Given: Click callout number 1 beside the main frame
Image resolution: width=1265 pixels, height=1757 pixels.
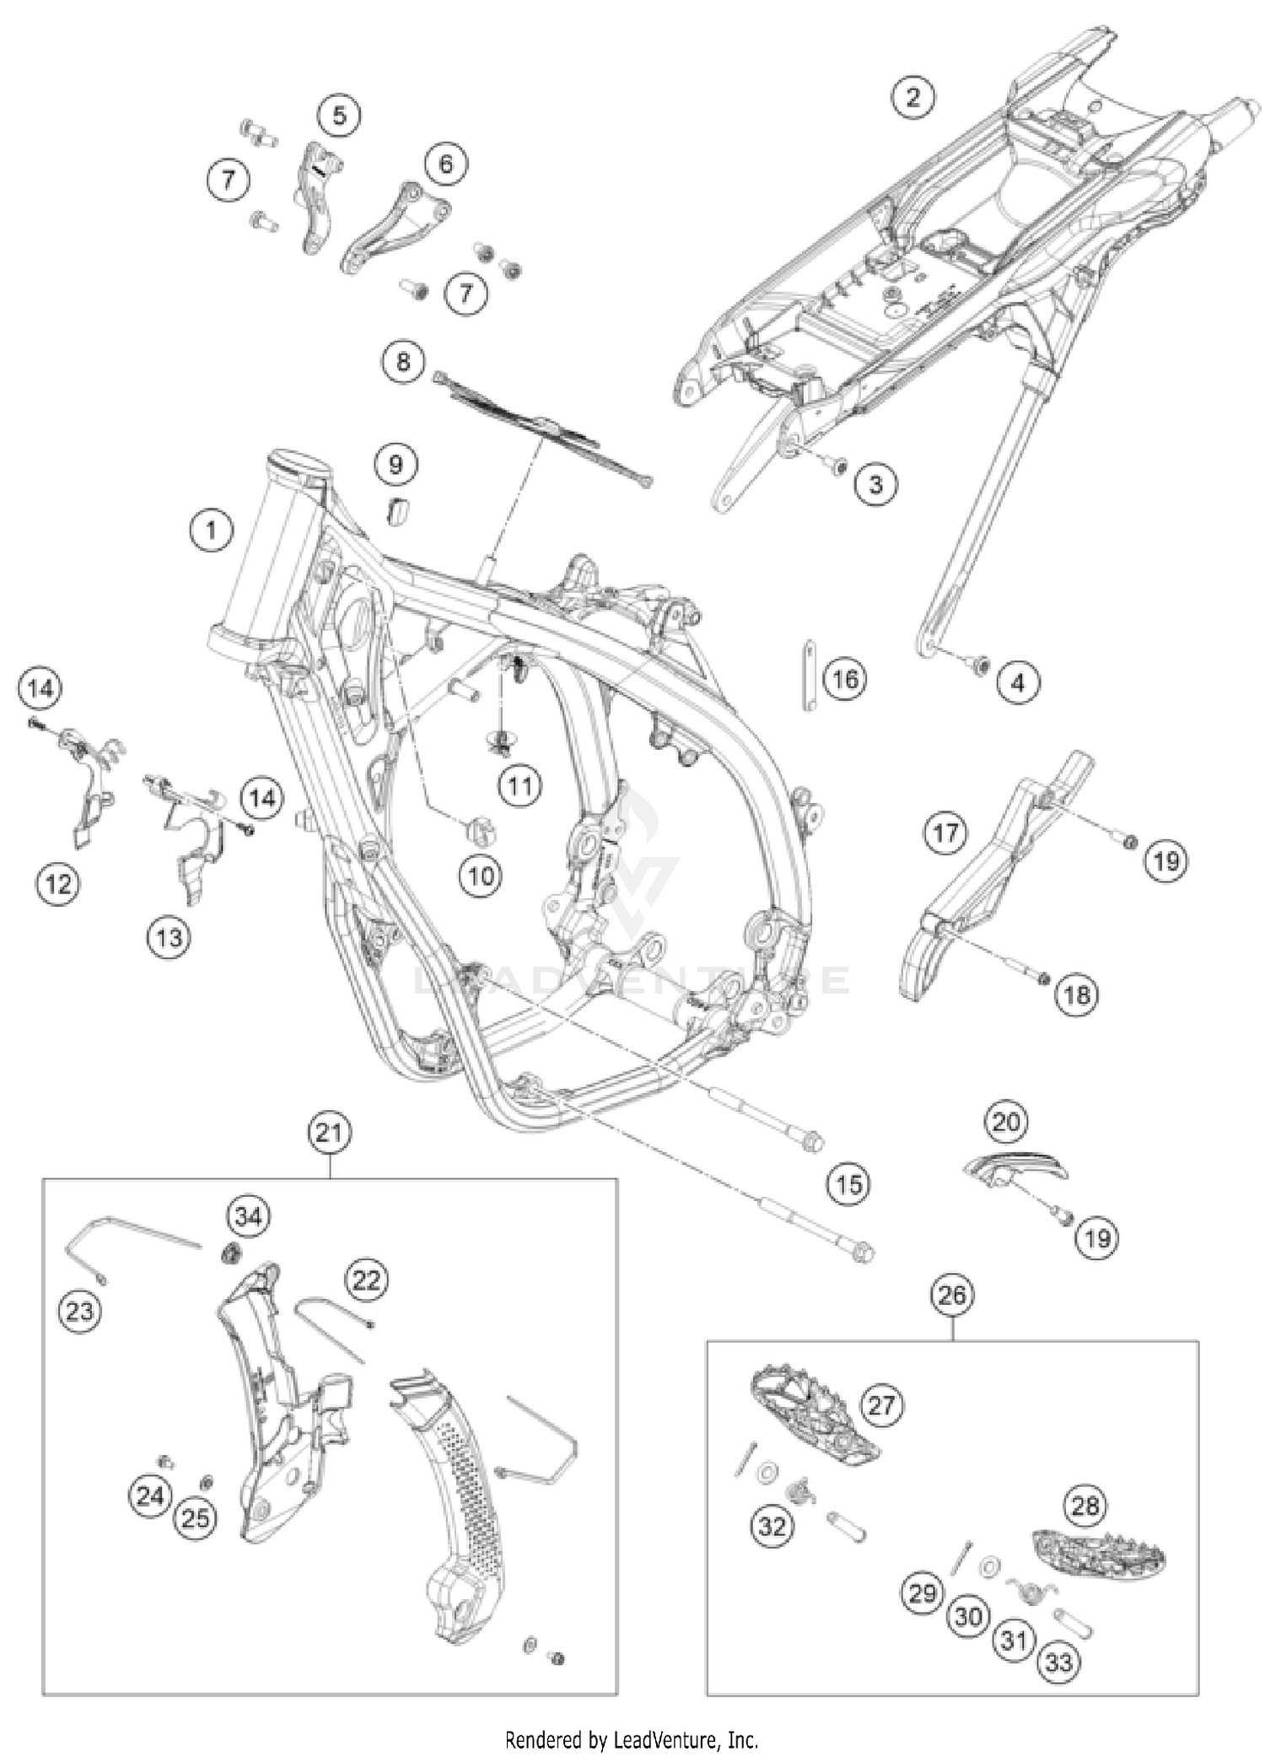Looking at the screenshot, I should tap(211, 531).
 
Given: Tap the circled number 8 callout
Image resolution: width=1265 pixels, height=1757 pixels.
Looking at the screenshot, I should tap(403, 362).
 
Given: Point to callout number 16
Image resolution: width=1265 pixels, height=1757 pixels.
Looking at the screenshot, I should tap(845, 679).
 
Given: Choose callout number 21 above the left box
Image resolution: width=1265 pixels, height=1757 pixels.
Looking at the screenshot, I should tap(329, 1132).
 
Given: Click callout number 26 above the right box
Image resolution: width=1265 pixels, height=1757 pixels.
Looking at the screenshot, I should tap(952, 1295).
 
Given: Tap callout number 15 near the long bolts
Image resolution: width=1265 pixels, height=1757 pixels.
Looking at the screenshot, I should tap(848, 1184).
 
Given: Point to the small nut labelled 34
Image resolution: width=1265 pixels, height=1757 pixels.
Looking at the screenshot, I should tap(229, 1256).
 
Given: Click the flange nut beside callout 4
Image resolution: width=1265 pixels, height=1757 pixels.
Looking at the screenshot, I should tap(979, 666).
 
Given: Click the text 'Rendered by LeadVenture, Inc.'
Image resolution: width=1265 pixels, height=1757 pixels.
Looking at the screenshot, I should tap(632, 1739).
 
